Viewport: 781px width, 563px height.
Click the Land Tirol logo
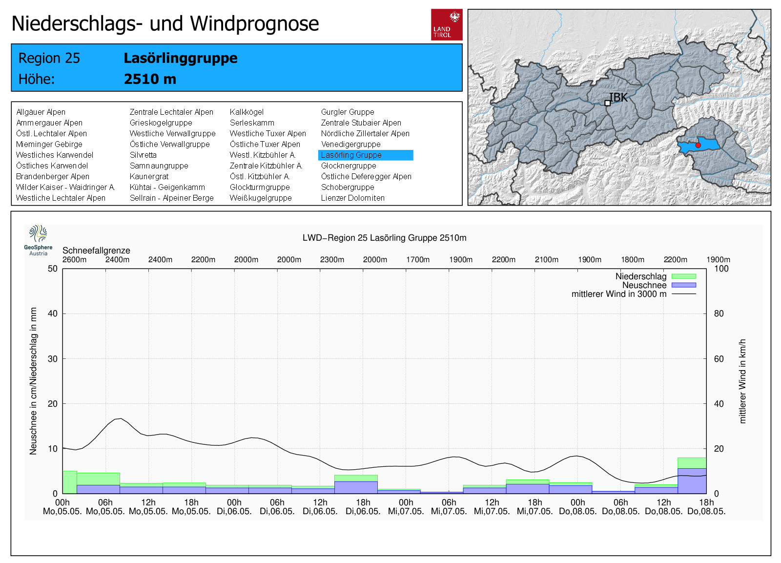pos(447,24)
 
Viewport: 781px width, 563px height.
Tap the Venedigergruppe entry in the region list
pos(350,145)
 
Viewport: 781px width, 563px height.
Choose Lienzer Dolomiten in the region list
pos(352,198)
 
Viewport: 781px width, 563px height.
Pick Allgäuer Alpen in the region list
pos(41,112)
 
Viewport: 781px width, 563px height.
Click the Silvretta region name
pos(143,155)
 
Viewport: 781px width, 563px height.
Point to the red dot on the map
pos(698,146)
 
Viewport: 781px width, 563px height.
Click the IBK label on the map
pos(619,98)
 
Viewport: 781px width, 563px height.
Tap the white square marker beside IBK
pos(607,103)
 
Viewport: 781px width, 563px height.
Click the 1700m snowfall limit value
pos(418,260)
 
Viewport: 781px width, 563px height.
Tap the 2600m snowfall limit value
pos(75,260)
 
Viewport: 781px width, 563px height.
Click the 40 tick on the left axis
pos(53,313)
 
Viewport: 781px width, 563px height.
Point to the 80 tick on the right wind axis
pos(719,313)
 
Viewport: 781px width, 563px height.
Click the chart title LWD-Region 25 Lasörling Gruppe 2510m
pos(384,238)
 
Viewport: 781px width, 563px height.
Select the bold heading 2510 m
pos(150,79)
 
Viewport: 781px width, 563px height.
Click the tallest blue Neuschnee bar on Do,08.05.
pos(692,481)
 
